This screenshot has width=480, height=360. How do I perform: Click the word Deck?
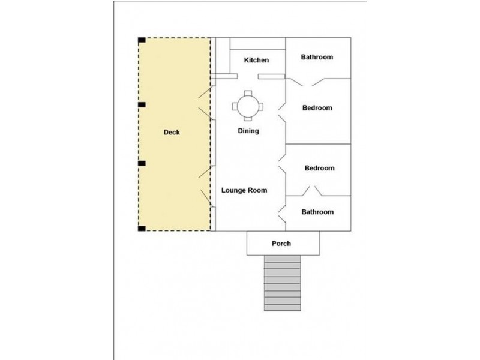click(x=172, y=132)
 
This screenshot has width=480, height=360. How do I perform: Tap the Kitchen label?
click(x=256, y=60)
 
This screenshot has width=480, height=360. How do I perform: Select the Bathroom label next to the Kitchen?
click(x=317, y=57)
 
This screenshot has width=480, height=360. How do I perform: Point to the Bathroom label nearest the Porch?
click(x=317, y=212)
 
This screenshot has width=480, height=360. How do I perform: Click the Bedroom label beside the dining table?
click(x=317, y=108)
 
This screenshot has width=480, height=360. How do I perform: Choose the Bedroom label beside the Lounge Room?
click(x=319, y=168)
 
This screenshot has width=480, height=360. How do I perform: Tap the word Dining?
click(x=248, y=130)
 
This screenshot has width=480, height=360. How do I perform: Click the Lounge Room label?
click(x=244, y=190)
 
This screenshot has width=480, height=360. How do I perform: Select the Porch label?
click(x=281, y=243)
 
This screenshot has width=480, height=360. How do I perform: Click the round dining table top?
click(x=247, y=107)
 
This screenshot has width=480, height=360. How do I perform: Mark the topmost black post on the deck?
click(x=142, y=41)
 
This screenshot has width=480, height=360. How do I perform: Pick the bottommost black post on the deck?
click(x=142, y=228)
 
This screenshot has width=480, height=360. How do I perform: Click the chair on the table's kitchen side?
click(x=247, y=93)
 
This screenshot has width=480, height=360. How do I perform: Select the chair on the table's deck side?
click(x=234, y=107)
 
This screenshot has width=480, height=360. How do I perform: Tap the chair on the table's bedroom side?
click(x=260, y=107)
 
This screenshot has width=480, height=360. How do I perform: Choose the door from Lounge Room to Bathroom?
click(x=282, y=211)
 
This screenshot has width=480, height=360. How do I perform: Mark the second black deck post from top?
click(x=142, y=105)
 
